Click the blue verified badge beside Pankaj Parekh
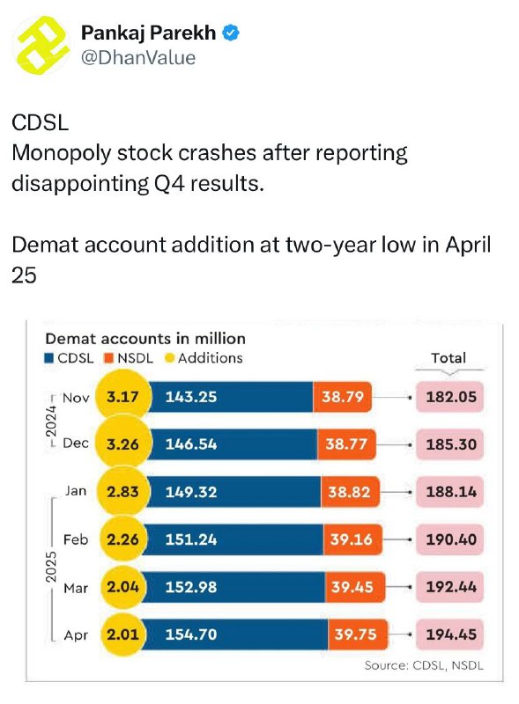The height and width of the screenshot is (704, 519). click(x=231, y=33)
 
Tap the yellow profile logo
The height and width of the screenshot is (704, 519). click(x=41, y=45)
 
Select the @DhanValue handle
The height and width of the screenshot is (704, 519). click(x=138, y=58)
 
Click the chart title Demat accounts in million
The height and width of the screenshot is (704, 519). click(x=145, y=338)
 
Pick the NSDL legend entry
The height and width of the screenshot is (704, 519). click(x=129, y=358)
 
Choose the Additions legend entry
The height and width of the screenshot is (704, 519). click(x=204, y=358)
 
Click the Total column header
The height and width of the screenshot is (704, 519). click(x=449, y=358)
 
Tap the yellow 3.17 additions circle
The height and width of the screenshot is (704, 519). click(x=122, y=397)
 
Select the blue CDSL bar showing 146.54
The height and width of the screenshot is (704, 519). click(x=233, y=444)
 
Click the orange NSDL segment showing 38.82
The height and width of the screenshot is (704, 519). click(x=350, y=492)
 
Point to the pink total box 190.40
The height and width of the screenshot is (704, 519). click(x=449, y=539)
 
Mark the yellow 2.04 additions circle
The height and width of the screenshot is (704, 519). click(x=122, y=587)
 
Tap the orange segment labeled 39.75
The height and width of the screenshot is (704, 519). click(x=358, y=634)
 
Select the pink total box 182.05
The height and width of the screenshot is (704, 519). click(x=449, y=397)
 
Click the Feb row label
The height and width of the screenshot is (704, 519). click(x=76, y=539)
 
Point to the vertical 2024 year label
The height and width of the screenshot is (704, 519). click(x=51, y=422)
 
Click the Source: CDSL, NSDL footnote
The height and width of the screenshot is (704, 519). click(x=424, y=665)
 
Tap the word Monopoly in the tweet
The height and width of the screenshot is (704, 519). click(x=62, y=153)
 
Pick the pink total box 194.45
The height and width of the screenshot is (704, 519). click(x=449, y=634)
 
